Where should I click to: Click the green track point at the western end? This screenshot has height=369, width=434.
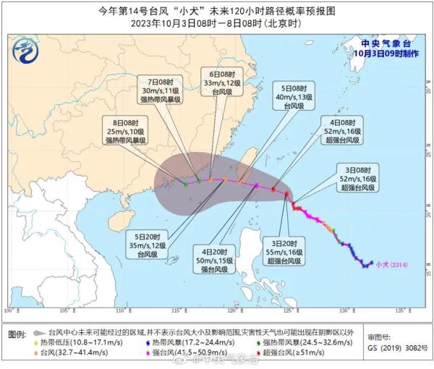pos(185,183)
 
